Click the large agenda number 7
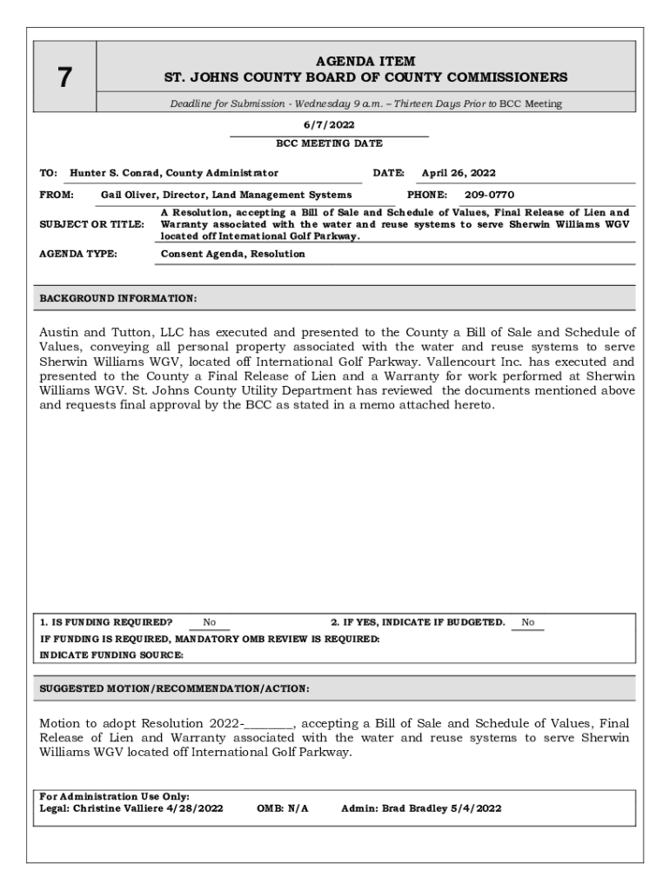pos(64,78)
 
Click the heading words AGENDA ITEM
pos(365,61)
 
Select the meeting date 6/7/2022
pos(329,125)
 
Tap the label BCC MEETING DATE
pos(329,143)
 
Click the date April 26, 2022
pos(459,173)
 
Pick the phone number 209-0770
pos(489,195)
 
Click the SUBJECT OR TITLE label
pos(92,224)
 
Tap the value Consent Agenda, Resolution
pos(233,254)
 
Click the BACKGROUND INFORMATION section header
pos(118,299)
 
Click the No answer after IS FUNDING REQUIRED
pos(210,622)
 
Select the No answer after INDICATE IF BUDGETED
pos(527,622)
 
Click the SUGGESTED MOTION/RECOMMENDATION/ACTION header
pos(174,689)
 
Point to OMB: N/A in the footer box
pos(283,808)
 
